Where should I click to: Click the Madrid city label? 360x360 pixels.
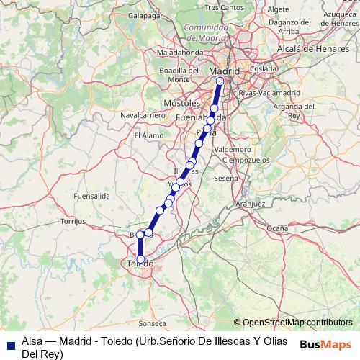pyautogui.click(x=224, y=71)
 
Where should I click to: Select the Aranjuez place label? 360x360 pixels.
pyautogui.click(x=251, y=204)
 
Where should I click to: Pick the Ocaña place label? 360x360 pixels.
pyautogui.click(x=277, y=228)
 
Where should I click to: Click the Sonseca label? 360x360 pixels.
pyautogui.click(x=152, y=323)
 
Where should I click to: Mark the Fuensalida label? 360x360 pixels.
pyautogui.click(x=91, y=195)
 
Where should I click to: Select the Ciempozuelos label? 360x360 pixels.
pyautogui.click(x=246, y=158)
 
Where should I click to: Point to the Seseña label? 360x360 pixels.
pyautogui.click(x=225, y=177)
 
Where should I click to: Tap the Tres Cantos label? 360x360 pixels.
pyautogui.click(x=221, y=7)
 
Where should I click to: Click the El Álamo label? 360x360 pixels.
pyautogui.click(x=148, y=135)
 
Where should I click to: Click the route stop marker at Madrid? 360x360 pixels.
pyautogui.click(x=220, y=81)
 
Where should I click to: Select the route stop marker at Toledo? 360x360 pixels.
pyautogui.click(x=141, y=259)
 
